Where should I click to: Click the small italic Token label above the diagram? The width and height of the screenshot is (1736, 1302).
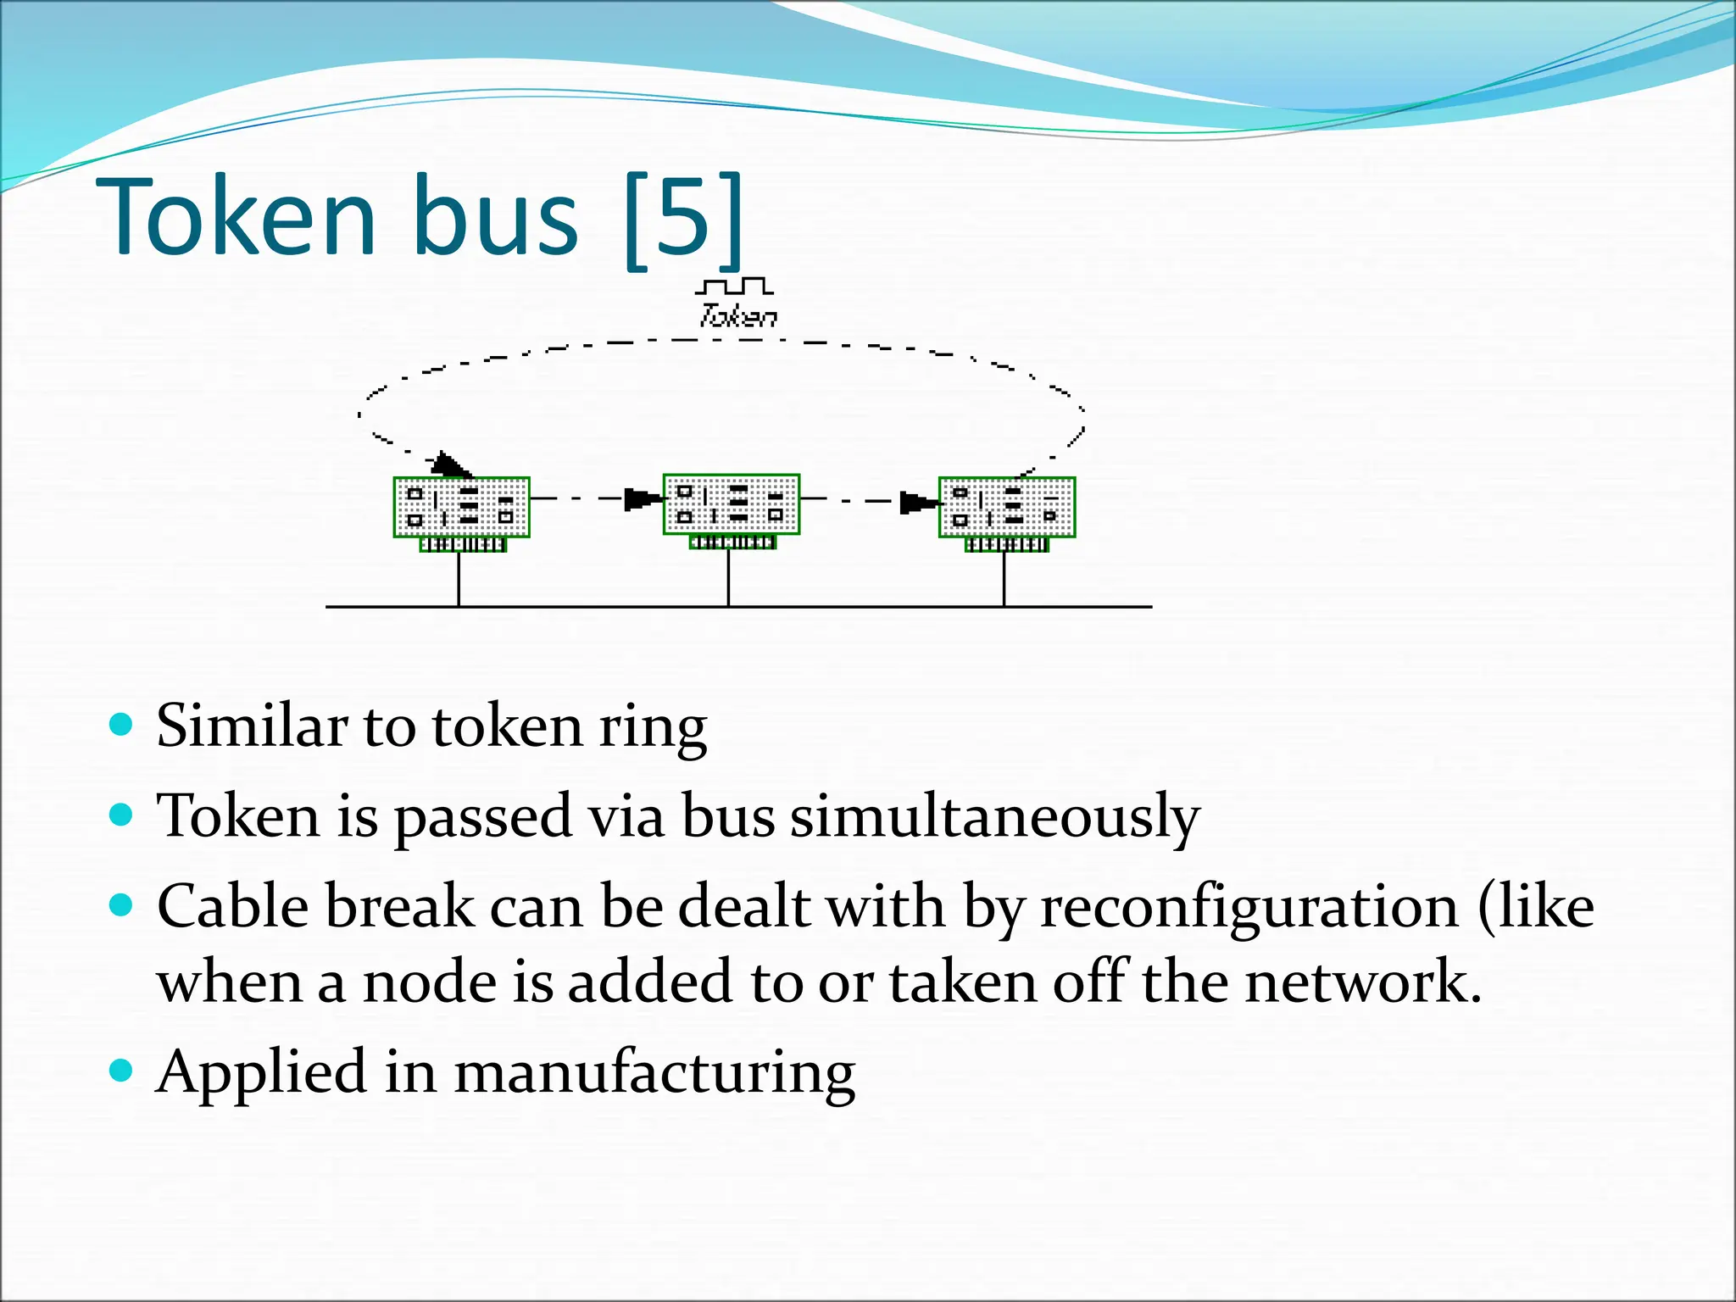(737, 316)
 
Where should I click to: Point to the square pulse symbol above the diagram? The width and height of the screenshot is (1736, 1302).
(734, 286)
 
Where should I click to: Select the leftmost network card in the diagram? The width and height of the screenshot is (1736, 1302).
(462, 509)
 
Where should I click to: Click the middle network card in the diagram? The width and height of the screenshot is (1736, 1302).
(732, 506)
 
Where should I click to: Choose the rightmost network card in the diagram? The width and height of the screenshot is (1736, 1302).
(1007, 509)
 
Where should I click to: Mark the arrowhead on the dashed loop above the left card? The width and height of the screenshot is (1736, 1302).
(450, 465)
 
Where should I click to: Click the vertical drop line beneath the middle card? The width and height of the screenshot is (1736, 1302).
(728, 577)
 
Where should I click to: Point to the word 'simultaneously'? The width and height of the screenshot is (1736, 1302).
(995, 817)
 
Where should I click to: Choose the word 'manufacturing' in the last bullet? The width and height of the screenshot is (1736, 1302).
(654, 1072)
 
